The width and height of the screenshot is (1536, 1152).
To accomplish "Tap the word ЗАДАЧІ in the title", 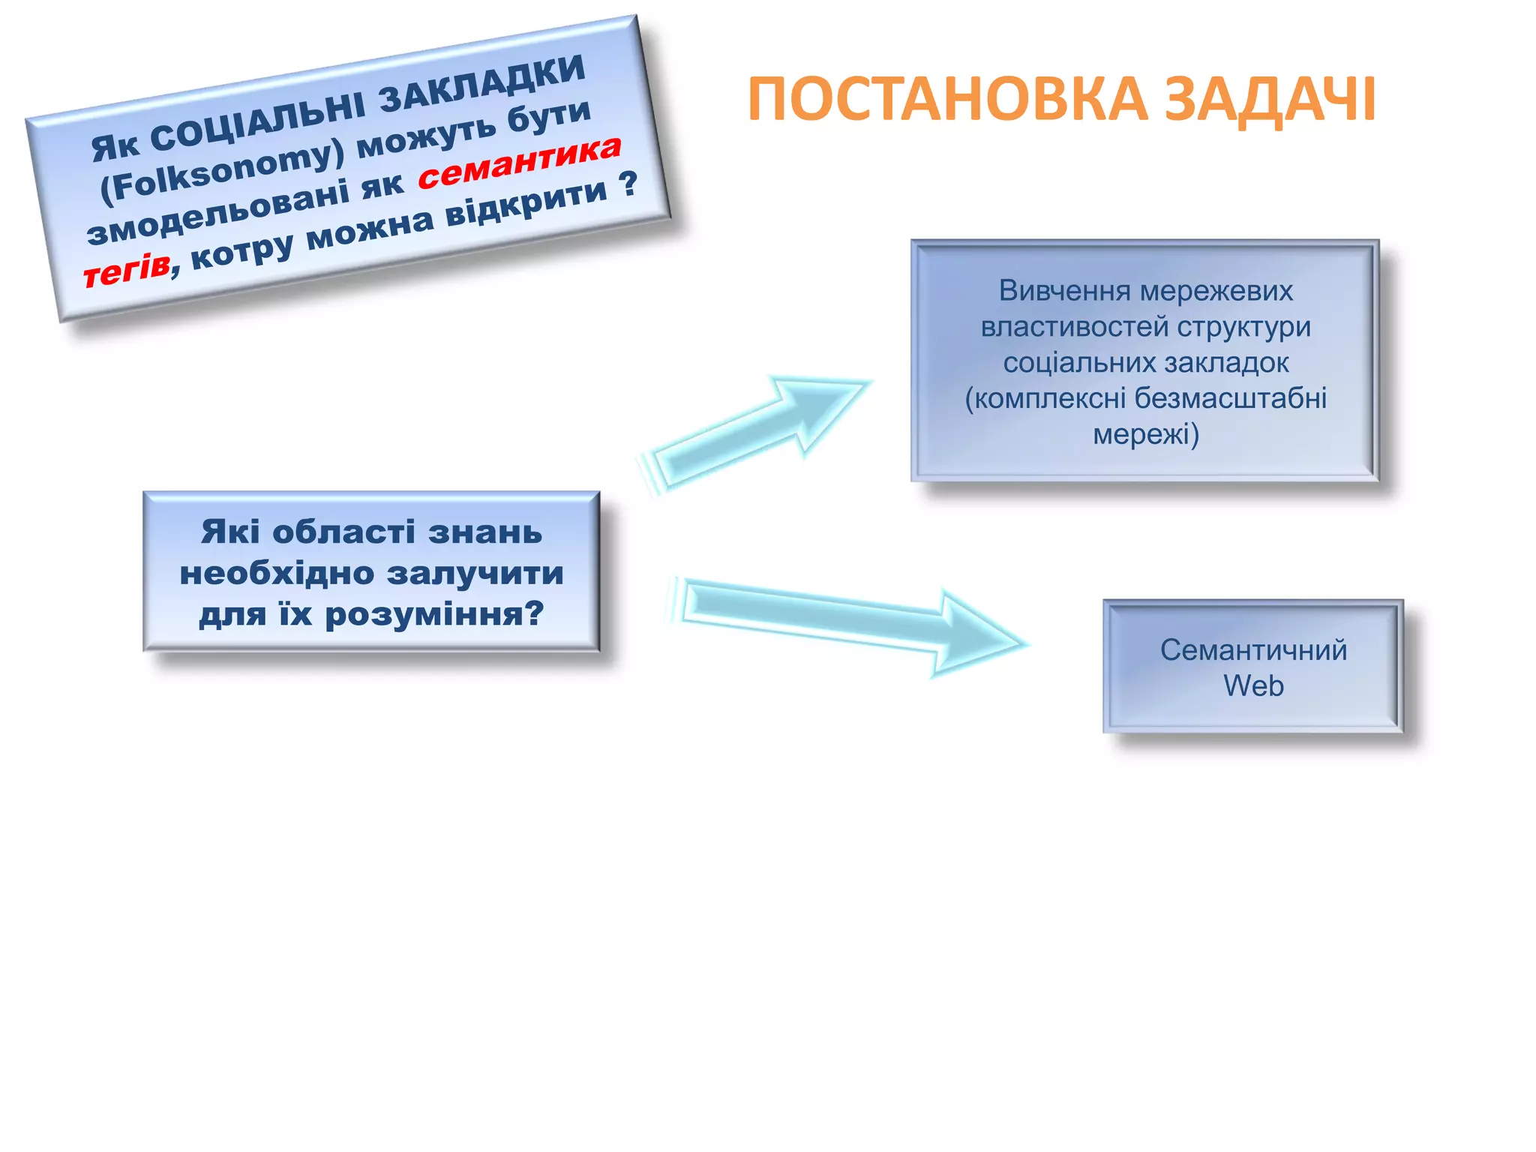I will (x=1270, y=100).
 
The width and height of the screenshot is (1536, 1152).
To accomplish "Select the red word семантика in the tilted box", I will (x=520, y=163).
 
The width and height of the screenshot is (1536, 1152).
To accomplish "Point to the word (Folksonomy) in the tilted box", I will (x=223, y=172).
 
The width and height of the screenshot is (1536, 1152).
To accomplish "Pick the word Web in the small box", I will (x=1253, y=685).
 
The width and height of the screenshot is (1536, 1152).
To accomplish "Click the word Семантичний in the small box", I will (x=1253, y=649).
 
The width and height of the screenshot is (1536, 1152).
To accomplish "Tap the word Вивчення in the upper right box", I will (x=1048, y=290).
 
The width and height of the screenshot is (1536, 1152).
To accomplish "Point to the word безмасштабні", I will (x=1230, y=398).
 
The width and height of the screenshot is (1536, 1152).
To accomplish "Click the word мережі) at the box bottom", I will (x=1145, y=434).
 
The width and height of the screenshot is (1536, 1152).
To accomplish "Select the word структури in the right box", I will (x=1243, y=326).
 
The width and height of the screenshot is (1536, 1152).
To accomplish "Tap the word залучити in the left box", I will (x=475, y=574).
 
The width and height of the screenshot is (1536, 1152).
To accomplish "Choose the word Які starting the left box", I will (x=230, y=532).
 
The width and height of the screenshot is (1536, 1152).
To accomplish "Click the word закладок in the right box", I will (x=1221, y=362).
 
